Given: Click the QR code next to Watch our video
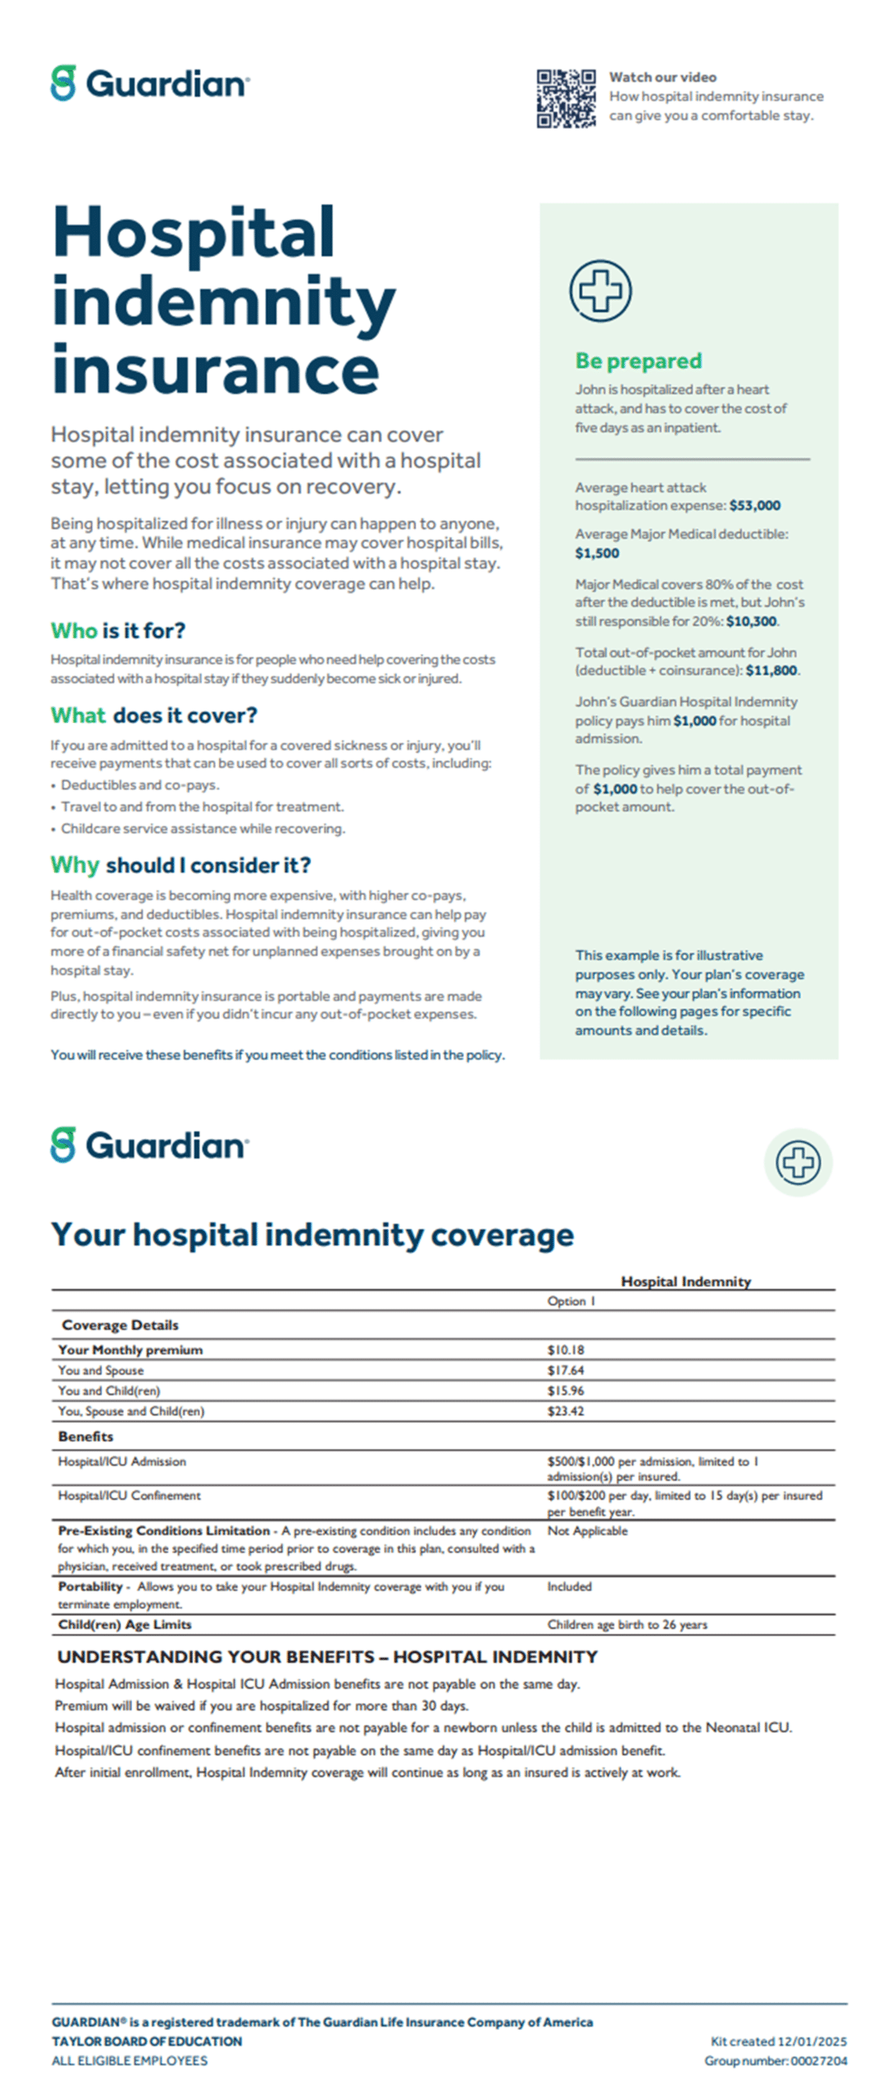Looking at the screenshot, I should click(566, 98).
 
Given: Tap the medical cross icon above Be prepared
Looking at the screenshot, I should click(600, 291).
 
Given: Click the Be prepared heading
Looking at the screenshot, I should click(638, 361).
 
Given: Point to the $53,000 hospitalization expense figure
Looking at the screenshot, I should click(754, 506).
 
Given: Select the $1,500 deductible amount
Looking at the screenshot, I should click(597, 553).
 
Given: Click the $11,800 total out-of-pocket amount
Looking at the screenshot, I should click(771, 670).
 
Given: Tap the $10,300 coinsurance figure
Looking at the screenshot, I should click(751, 621).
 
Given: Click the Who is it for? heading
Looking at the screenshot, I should click(118, 630).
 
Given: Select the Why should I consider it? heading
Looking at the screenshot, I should click(180, 865).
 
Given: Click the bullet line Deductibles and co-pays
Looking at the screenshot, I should click(139, 784).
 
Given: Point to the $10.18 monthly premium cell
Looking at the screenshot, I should click(566, 1350).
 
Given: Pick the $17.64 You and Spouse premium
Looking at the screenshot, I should click(566, 1370).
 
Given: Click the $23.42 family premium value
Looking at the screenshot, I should click(566, 1411).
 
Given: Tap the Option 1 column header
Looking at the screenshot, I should click(571, 1301).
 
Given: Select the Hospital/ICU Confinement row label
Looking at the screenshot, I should click(129, 1496).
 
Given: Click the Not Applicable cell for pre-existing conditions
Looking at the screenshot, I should click(587, 1531).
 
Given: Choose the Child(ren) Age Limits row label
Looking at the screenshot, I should click(125, 1624).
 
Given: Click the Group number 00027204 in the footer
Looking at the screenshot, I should click(775, 2061).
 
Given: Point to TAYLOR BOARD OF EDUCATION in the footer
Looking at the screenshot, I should click(147, 2041).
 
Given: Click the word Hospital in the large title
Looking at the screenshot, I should click(193, 232).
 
